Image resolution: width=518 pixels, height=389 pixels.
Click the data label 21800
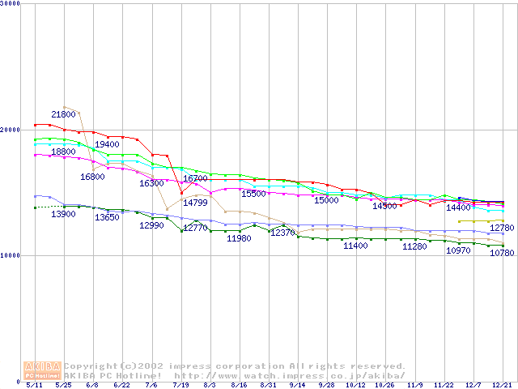click(64, 115)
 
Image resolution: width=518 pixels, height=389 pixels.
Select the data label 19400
click(107, 144)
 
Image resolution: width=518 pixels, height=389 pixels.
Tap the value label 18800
click(64, 152)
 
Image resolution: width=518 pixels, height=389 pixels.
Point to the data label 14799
click(194, 203)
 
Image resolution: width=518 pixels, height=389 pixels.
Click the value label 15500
click(253, 194)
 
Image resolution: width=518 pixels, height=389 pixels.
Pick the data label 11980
click(239, 238)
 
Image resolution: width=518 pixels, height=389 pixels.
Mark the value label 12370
click(282, 233)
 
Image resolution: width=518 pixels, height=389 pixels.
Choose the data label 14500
click(384, 206)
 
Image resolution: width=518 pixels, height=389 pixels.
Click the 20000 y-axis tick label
click(11, 130)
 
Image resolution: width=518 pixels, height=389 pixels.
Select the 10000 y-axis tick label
click(11, 255)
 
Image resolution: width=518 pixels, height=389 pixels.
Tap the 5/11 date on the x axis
click(34, 386)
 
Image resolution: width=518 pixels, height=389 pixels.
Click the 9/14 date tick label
click(298, 386)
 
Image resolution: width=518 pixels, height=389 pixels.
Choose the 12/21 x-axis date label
click(501, 386)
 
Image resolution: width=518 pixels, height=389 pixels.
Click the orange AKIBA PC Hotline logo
click(42, 370)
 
